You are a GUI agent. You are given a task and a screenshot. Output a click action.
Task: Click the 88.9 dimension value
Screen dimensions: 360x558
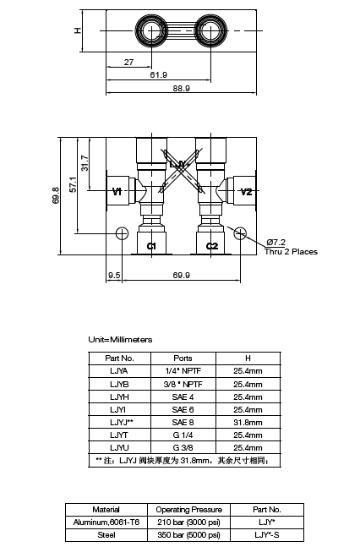coord(182,88)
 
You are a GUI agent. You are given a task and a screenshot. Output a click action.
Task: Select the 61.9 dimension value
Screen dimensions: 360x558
coord(158,74)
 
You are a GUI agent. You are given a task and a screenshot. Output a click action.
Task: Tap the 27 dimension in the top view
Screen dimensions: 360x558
coord(128,62)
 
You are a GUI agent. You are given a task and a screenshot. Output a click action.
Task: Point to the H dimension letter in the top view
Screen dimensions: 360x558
coord(77,30)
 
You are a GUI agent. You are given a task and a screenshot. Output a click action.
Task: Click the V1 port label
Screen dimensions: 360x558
coord(117,192)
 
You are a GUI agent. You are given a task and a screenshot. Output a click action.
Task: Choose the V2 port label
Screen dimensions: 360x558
coord(246,192)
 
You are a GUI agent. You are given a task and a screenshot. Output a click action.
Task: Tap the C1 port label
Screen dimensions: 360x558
coord(151,246)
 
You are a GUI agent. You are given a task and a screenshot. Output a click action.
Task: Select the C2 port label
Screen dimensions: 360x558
coord(212,246)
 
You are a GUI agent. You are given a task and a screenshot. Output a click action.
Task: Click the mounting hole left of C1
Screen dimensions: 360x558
coord(122,233)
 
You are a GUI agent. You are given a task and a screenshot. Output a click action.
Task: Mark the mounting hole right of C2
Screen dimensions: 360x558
coord(240,233)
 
